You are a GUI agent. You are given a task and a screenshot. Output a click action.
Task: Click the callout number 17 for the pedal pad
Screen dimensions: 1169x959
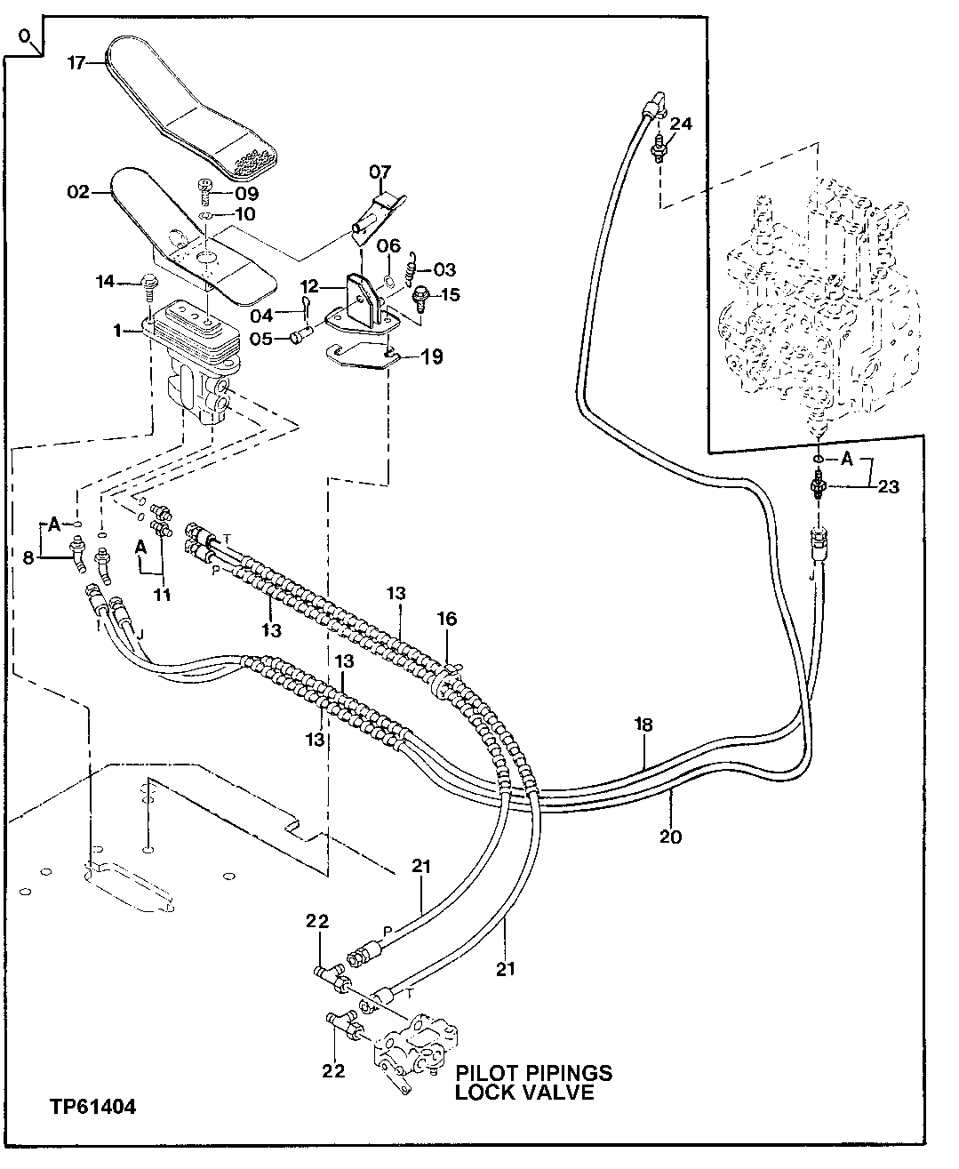coord(76,63)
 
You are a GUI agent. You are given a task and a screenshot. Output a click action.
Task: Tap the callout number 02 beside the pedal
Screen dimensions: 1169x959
coord(78,191)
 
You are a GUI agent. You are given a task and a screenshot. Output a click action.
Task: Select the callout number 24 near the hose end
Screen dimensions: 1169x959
coord(680,124)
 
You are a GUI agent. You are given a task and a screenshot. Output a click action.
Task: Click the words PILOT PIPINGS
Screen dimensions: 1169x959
coord(533,1072)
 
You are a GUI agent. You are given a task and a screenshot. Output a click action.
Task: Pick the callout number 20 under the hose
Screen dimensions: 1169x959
coord(671,837)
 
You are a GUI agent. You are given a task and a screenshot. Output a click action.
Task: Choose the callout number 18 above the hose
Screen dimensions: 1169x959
coord(643,725)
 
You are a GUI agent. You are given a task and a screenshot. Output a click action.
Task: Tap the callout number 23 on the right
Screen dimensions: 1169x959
coord(888,486)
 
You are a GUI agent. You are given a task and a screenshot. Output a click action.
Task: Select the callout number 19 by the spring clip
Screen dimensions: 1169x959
coord(432,357)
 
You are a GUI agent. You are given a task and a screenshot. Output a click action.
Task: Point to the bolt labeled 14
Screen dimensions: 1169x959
coord(149,284)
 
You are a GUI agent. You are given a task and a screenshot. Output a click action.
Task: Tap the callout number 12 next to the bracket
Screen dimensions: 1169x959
coord(308,287)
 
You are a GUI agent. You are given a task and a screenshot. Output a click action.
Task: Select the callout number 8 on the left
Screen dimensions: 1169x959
coord(27,558)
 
